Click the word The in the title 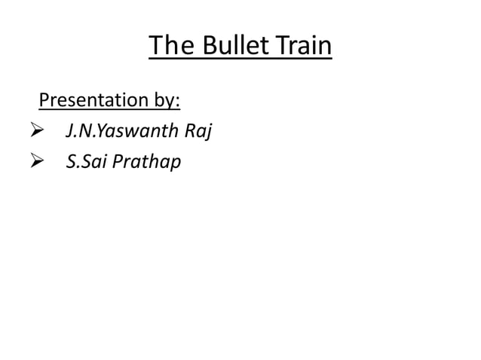pyautogui.click(x=168, y=47)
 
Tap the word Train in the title pyautogui.click(x=302, y=47)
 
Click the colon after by pyautogui.click(x=178, y=102)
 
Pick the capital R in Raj pyautogui.click(x=189, y=130)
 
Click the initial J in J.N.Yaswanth pyautogui.click(x=69, y=131)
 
